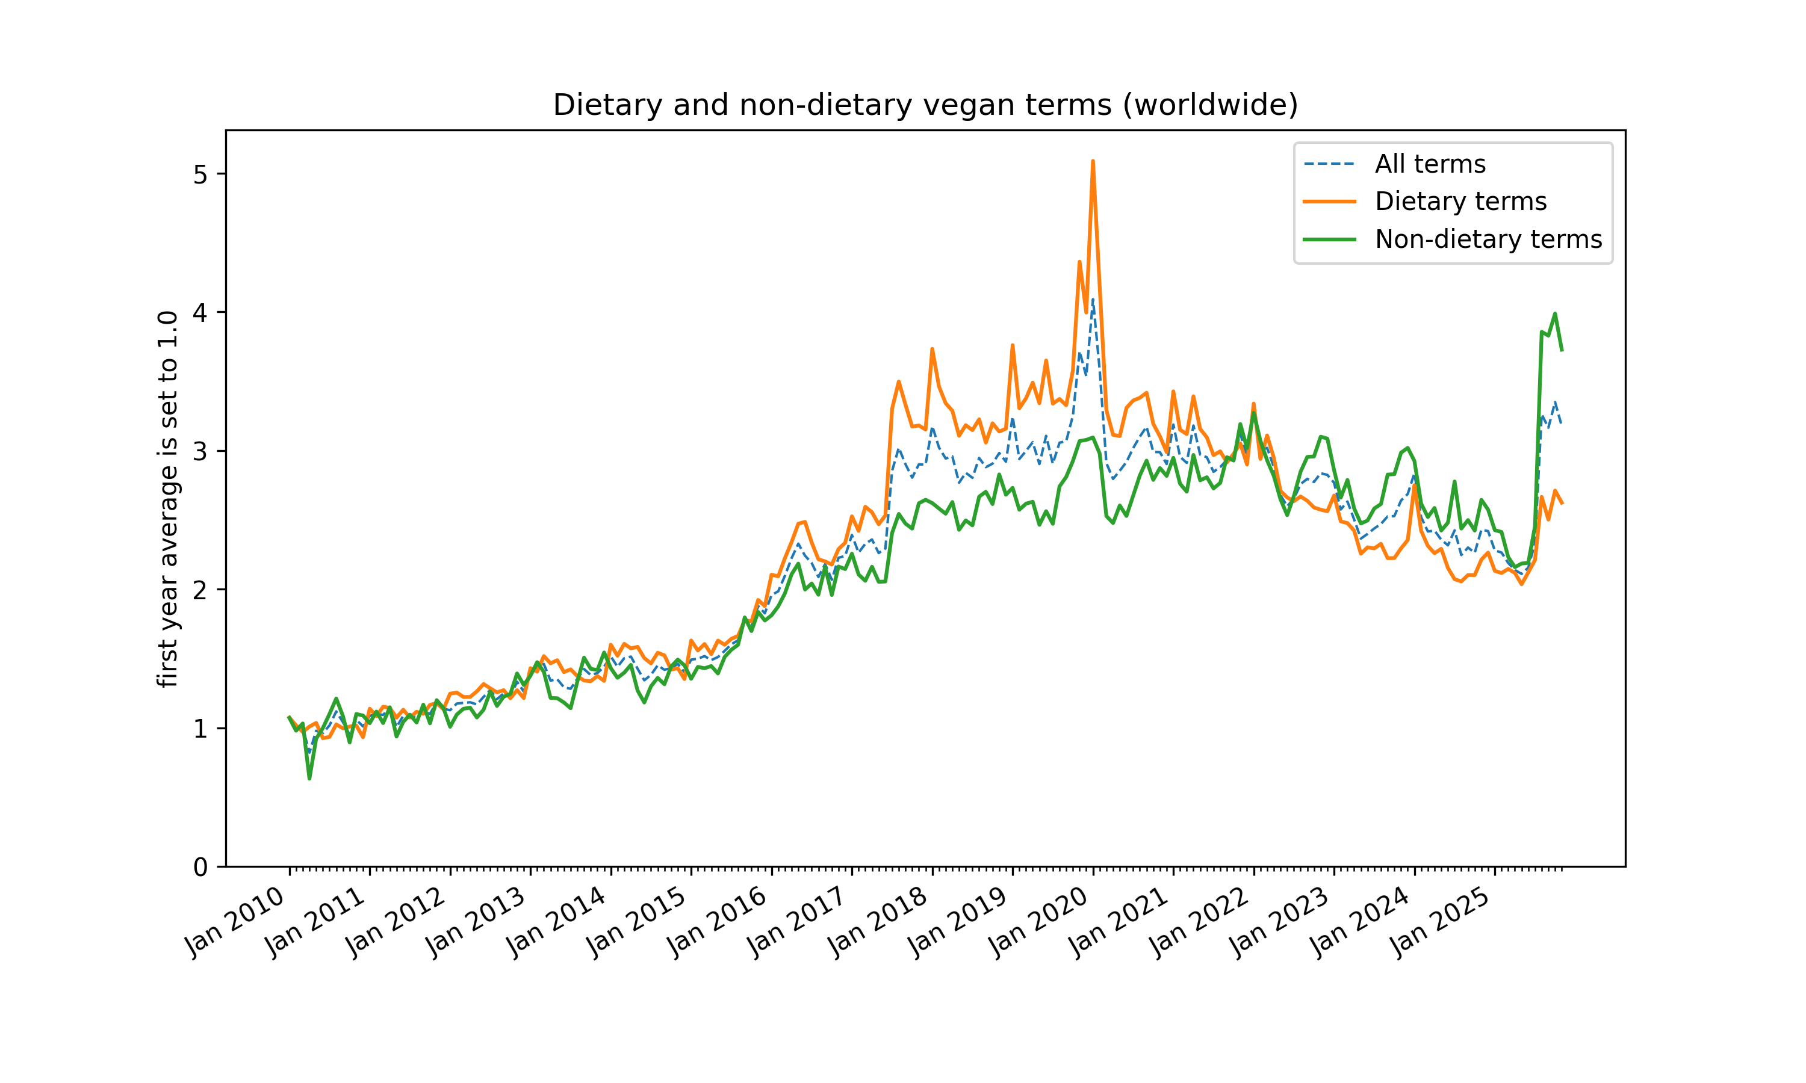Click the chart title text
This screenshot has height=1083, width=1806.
[925, 105]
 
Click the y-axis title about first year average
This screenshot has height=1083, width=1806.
[168, 499]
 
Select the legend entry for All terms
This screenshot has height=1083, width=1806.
[1429, 164]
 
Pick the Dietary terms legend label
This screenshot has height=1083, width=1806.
[1460, 202]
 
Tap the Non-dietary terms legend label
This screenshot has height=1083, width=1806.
[1488, 239]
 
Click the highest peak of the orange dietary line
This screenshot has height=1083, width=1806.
[1092, 161]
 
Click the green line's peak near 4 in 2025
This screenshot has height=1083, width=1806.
[1555, 314]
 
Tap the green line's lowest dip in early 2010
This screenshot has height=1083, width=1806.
[309, 779]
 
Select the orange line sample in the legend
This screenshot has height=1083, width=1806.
[1329, 202]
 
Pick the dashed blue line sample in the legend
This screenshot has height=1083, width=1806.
[1329, 164]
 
